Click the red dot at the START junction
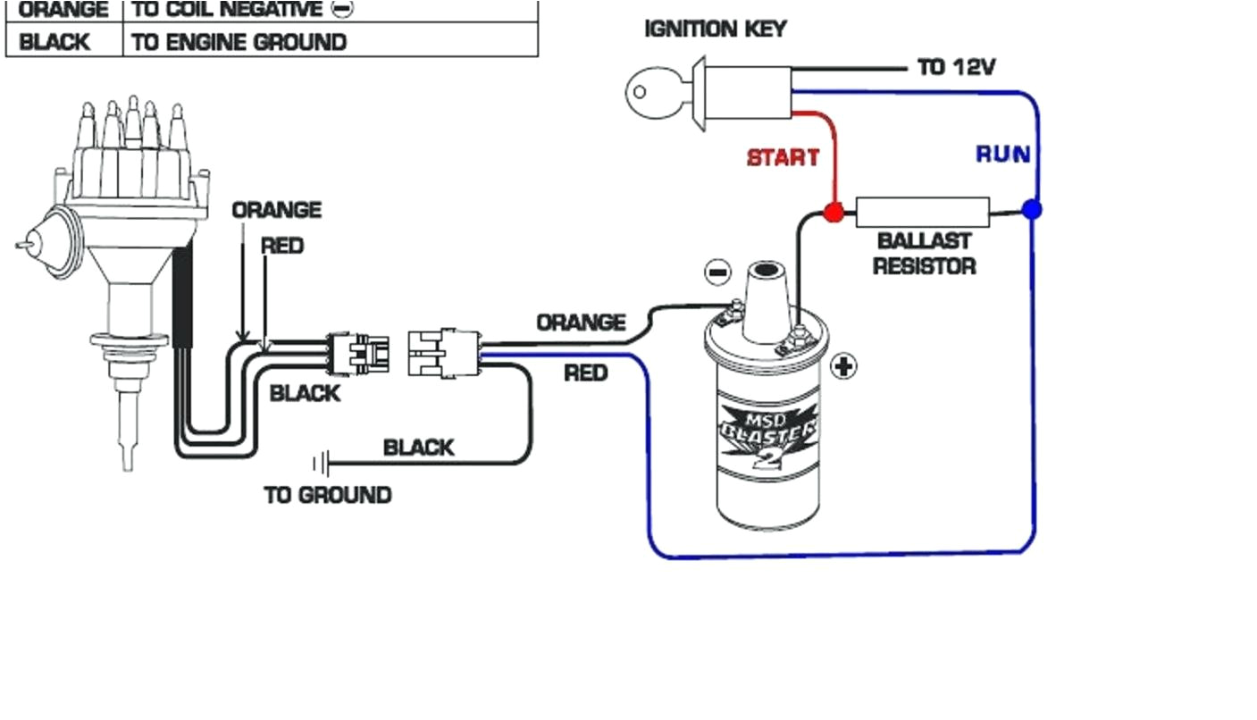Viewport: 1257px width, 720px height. point(833,213)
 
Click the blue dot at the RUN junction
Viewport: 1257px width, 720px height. point(1032,210)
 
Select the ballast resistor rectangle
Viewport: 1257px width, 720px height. point(922,213)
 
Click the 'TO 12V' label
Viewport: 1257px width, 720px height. point(956,67)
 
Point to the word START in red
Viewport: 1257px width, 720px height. point(783,158)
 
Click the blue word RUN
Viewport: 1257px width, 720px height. point(1002,155)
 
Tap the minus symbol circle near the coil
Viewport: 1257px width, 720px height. point(717,272)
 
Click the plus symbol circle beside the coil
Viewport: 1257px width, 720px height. point(843,365)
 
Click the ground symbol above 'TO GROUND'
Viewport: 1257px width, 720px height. point(321,464)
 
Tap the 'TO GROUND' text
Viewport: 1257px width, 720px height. point(327,495)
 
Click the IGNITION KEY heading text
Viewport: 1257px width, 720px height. point(715,29)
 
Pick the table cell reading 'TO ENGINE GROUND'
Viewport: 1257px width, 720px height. point(239,42)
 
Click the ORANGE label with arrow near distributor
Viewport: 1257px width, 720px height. point(276,211)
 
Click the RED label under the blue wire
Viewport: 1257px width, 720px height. point(585,373)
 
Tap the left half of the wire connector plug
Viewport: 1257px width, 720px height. point(357,354)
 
